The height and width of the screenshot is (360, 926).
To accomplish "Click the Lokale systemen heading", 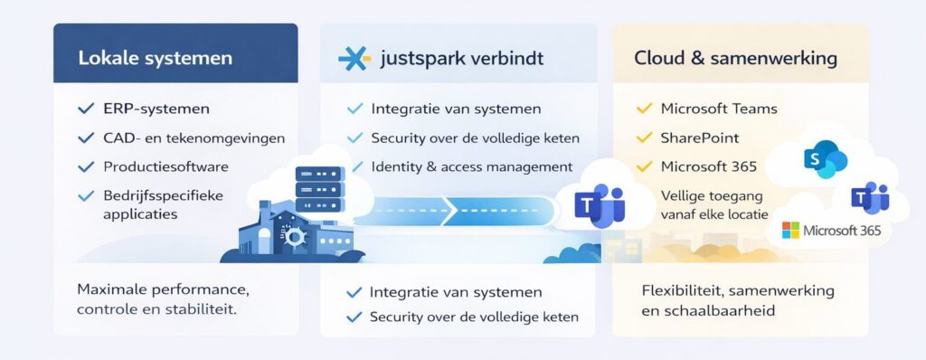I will coord(155,59).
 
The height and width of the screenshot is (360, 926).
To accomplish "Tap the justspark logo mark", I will coord(354,59).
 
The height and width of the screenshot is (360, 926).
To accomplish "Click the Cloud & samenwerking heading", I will coord(735,59).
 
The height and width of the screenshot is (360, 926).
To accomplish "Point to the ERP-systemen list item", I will coord(156,109).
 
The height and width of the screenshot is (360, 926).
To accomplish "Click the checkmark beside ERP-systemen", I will coord(86,109).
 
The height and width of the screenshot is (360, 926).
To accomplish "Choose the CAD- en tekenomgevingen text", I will coord(194,137).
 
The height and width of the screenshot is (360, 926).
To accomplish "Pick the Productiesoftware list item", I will coord(165,166).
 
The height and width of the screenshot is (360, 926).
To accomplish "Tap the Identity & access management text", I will coord(471,166).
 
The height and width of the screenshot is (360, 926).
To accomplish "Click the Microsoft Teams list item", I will coord(719,109).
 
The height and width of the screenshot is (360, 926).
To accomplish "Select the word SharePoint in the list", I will coord(700,137).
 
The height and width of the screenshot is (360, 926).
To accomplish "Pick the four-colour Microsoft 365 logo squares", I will coord(790,231).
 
